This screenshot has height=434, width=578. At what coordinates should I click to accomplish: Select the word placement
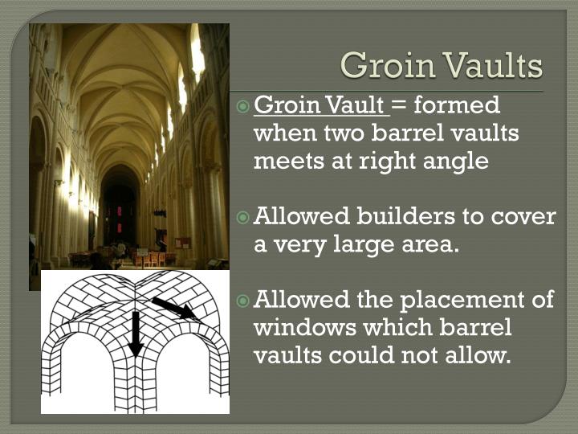pyautogui.click(x=463, y=300)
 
